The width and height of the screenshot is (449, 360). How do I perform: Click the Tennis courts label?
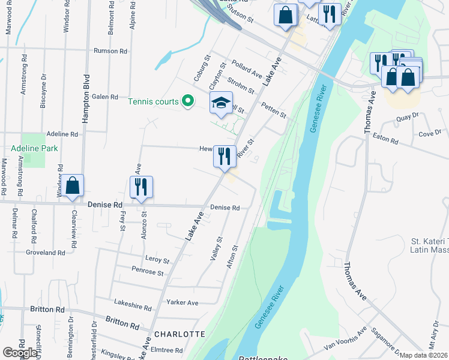coord(153,101)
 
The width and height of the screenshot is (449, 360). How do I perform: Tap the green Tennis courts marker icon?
coord(187,101)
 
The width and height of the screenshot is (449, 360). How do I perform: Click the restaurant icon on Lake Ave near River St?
coord(224,157)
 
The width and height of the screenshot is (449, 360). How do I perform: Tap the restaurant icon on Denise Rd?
coord(141,187)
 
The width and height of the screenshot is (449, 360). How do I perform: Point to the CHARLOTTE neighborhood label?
coord(180,334)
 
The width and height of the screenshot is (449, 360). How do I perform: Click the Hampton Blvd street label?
coord(86,99)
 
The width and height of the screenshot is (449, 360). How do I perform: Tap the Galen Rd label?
coord(104,97)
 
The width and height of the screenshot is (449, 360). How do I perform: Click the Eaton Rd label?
coord(386,139)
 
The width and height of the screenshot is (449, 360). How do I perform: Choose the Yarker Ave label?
coord(182,302)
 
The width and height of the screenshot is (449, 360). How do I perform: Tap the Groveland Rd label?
coord(45,253)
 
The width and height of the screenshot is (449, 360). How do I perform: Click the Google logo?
coord(20,353)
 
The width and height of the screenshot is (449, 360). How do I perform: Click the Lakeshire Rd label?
coord(135,307)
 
